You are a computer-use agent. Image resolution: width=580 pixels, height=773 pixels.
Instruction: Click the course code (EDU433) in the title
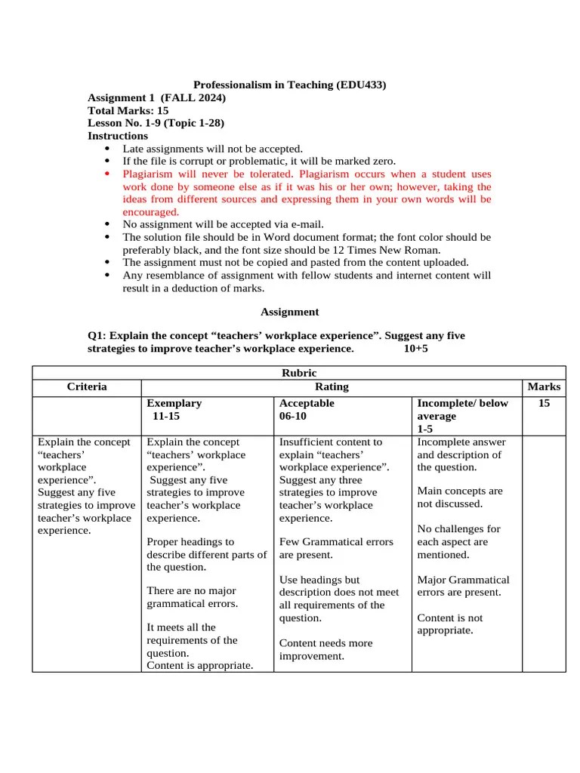pos(361,85)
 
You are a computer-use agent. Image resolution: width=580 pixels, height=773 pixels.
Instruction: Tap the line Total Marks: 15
pos(128,110)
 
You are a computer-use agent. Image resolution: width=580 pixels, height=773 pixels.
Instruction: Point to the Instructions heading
pos(118,136)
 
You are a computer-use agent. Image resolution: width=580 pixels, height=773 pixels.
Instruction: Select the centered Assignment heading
pos(289,312)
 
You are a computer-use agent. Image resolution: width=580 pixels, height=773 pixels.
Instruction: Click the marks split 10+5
pos(415,349)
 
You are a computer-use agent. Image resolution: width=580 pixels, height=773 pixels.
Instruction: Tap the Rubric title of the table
pos(299,373)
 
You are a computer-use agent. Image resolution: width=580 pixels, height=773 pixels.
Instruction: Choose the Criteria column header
pos(87,386)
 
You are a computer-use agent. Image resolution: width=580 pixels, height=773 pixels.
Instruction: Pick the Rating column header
pos(332,386)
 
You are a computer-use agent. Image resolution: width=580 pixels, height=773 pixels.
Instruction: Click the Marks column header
pos(544,386)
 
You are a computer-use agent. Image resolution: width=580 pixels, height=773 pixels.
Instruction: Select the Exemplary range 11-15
pos(166,416)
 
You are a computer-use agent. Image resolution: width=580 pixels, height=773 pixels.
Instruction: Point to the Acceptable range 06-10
pos(293,416)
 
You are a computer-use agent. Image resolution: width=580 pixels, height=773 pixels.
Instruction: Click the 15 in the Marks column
pos(544,404)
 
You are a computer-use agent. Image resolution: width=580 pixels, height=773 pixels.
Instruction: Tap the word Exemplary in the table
pos(174,403)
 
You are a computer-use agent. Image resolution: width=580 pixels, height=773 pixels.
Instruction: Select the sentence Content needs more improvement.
pos(325,649)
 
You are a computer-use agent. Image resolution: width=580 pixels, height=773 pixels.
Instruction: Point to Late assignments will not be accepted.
pos(212,149)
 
